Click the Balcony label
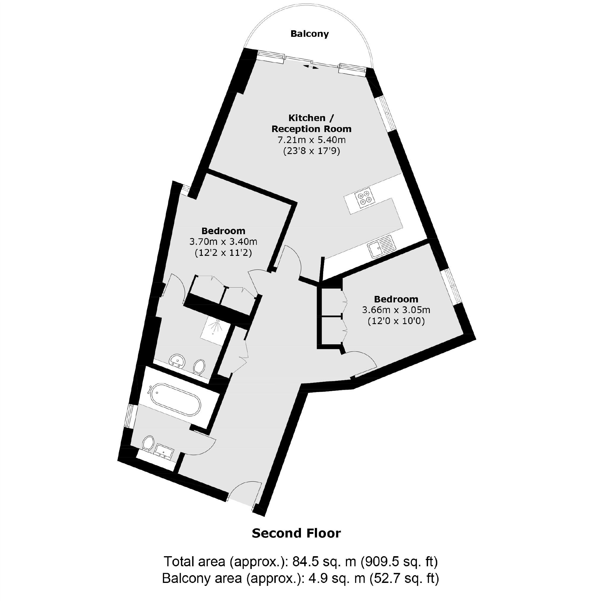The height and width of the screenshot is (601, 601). [x=309, y=34]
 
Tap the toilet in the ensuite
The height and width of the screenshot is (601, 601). [x=199, y=367]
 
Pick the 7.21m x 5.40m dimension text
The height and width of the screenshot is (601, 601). [x=311, y=140]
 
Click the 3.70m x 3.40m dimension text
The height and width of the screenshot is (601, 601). [x=223, y=242]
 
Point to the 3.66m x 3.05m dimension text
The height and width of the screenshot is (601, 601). [x=396, y=310]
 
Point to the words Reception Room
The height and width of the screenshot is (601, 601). [x=311, y=129]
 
